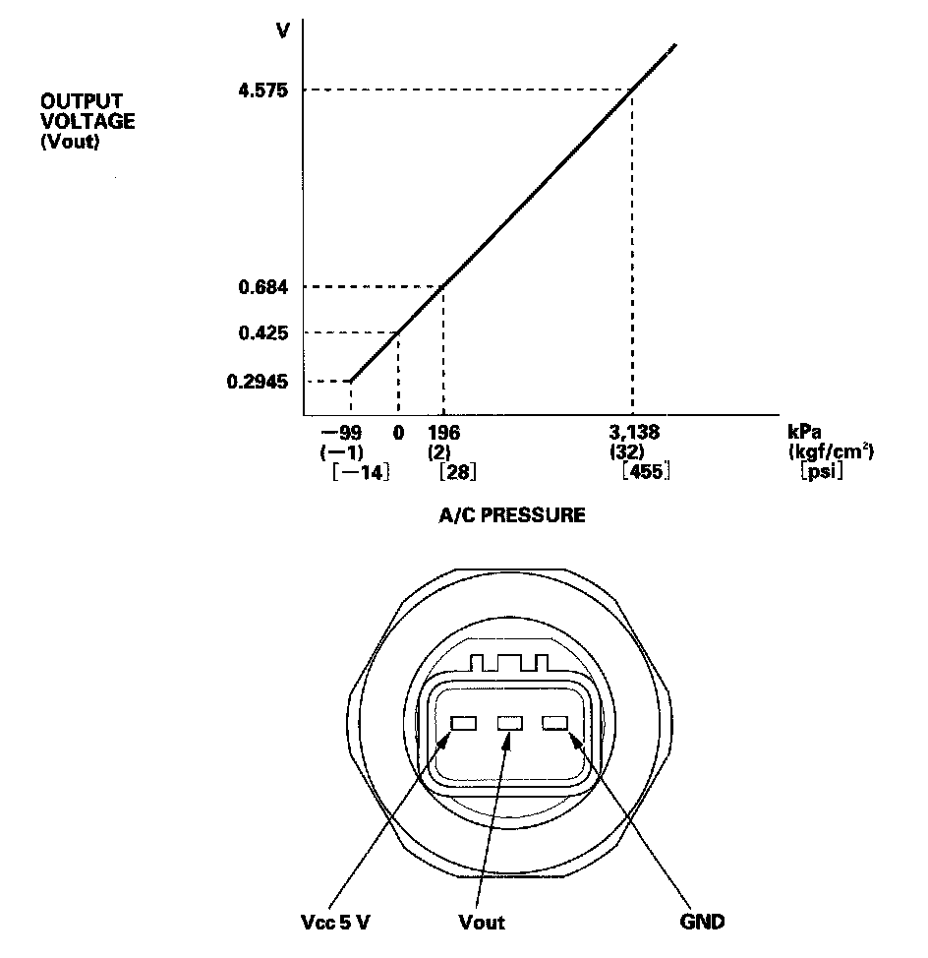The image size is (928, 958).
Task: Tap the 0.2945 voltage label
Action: coord(256,381)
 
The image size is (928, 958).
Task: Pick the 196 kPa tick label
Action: coord(443,433)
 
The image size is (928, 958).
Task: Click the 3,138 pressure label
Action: coord(634,433)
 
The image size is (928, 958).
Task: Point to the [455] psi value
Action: coord(646,472)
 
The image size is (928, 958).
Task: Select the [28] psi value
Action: coord(458,472)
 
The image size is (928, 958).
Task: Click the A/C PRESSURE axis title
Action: coord(511,515)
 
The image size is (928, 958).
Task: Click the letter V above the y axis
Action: coord(283,30)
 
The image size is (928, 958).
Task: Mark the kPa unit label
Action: coord(805,433)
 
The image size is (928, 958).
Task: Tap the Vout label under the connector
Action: coord(482,922)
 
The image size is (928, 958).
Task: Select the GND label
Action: coord(702,922)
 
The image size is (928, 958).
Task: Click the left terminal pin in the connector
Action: coord(463,724)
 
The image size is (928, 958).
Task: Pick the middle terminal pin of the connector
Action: coord(510,724)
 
